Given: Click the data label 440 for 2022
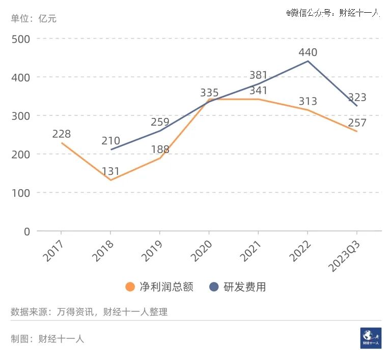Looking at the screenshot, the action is (x=308, y=52).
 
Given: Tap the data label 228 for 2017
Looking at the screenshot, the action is (x=62, y=134).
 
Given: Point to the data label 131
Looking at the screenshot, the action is (x=111, y=171).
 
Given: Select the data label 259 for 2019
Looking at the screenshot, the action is (x=160, y=122).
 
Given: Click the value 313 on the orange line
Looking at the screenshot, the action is (x=308, y=101).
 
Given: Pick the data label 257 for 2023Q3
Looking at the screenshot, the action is (x=357, y=123).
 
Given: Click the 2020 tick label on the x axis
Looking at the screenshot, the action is (x=201, y=251).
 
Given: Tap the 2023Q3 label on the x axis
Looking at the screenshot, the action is (x=344, y=256).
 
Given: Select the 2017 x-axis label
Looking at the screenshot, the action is (x=53, y=251).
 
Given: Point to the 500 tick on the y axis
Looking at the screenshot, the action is (x=21, y=39).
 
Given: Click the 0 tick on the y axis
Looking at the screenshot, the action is (x=27, y=232).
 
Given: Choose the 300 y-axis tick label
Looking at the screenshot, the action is (x=21, y=116).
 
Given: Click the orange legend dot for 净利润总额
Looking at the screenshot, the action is (x=130, y=287).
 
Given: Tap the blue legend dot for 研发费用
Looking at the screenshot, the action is (x=214, y=287).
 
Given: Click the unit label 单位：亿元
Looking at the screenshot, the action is (x=34, y=18).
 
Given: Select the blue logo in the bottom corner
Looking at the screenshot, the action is (x=371, y=338).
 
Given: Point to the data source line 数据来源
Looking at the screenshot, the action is (x=89, y=312).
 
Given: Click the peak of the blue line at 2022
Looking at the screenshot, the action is (x=308, y=61).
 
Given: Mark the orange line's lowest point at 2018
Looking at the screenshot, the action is (x=111, y=180).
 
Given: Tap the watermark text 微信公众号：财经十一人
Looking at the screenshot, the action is (x=333, y=13).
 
